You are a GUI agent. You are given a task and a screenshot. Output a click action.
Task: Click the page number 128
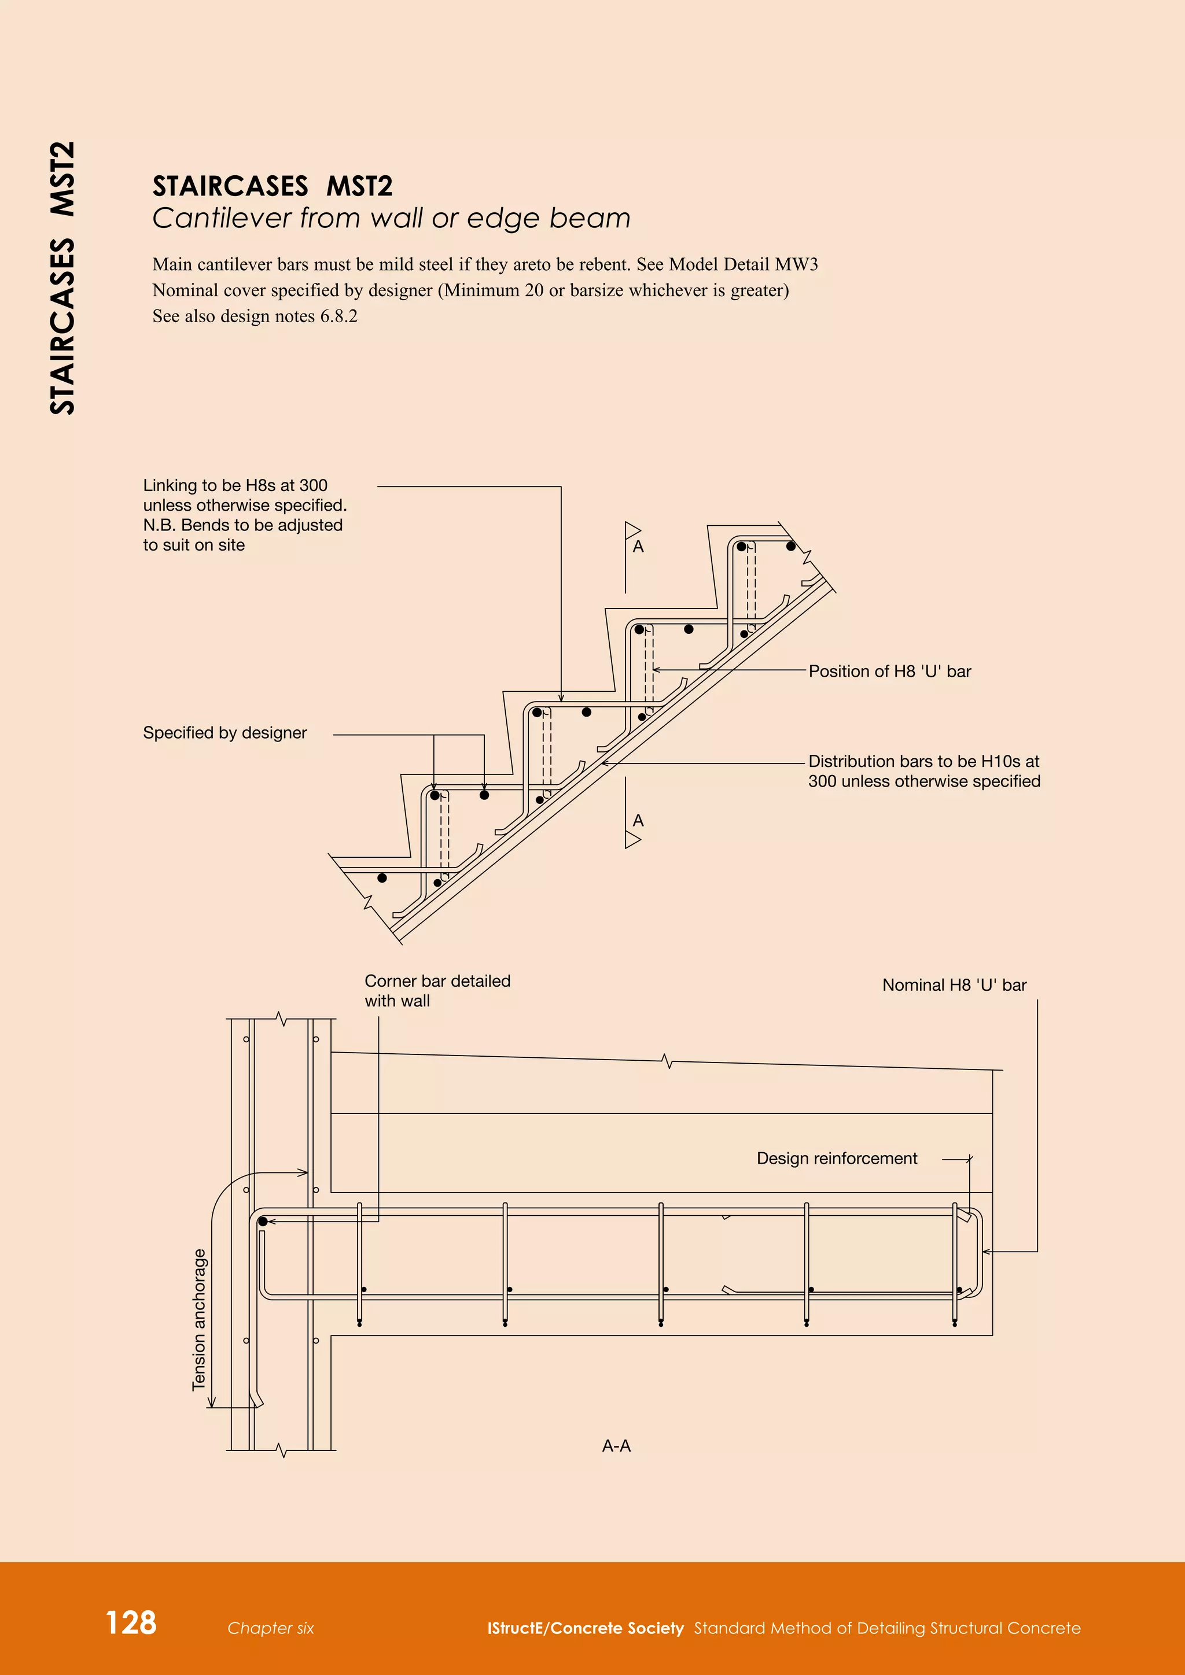(x=131, y=1622)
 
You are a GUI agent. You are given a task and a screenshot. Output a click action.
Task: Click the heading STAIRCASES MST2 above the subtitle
(x=272, y=187)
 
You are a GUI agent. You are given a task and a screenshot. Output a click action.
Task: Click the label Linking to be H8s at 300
(x=235, y=485)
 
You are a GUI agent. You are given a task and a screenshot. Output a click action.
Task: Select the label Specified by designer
(x=225, y=732)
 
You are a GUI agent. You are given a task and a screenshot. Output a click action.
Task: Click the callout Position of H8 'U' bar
(x=889, y=671)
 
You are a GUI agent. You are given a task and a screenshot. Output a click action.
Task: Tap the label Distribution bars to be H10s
(x=923, y=762)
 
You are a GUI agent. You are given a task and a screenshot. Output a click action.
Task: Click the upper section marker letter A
(x=638, y=547)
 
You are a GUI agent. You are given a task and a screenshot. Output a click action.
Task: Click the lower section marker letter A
(x=638, y=821)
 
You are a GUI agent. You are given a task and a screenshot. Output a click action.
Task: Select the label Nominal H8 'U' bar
(x=954, y=985)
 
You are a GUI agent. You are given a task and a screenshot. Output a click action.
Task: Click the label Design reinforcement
(x=836, y=1159)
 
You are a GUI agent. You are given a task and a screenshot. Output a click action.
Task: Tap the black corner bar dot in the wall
(x=263, y=1221)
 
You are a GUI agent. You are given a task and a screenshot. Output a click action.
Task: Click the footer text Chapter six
(x=270, y=1628)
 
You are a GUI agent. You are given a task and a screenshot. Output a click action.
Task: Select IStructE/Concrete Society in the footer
(x=585, y=1628)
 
